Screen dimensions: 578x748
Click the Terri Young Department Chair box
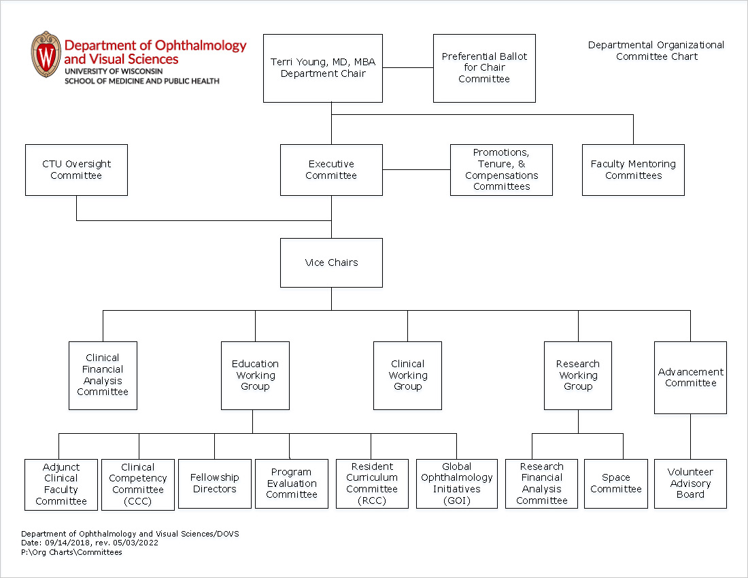coord(323,68)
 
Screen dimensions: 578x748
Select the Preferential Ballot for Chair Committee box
coord(484,68)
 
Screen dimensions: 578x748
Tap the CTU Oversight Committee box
coord(76,170)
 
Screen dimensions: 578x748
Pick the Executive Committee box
coord(331,170)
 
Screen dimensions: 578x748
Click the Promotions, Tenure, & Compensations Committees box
coord(501,170)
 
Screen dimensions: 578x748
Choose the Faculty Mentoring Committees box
coord(633,170)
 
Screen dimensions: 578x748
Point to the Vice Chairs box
coord(331,262)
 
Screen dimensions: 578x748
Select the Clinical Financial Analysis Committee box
coord(103,375)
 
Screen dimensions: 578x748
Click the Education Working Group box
coord(255,375)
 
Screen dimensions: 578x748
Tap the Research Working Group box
coord(578,375)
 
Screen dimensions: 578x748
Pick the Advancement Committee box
coord(690,377)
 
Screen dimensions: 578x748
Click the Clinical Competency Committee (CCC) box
coord(138,484)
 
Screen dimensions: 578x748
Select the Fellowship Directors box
coord(215,483)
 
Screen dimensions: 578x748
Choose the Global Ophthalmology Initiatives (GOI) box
coord(456,483)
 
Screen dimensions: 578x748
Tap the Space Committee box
coord(616,483)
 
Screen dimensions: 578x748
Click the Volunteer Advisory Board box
coord(690,483)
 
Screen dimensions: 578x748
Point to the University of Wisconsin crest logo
coord(46,54)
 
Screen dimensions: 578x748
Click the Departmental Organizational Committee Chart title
coord(656,51)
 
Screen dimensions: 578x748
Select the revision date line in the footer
coord(90,543)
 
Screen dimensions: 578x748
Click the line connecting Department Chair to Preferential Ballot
coord(408,68)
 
